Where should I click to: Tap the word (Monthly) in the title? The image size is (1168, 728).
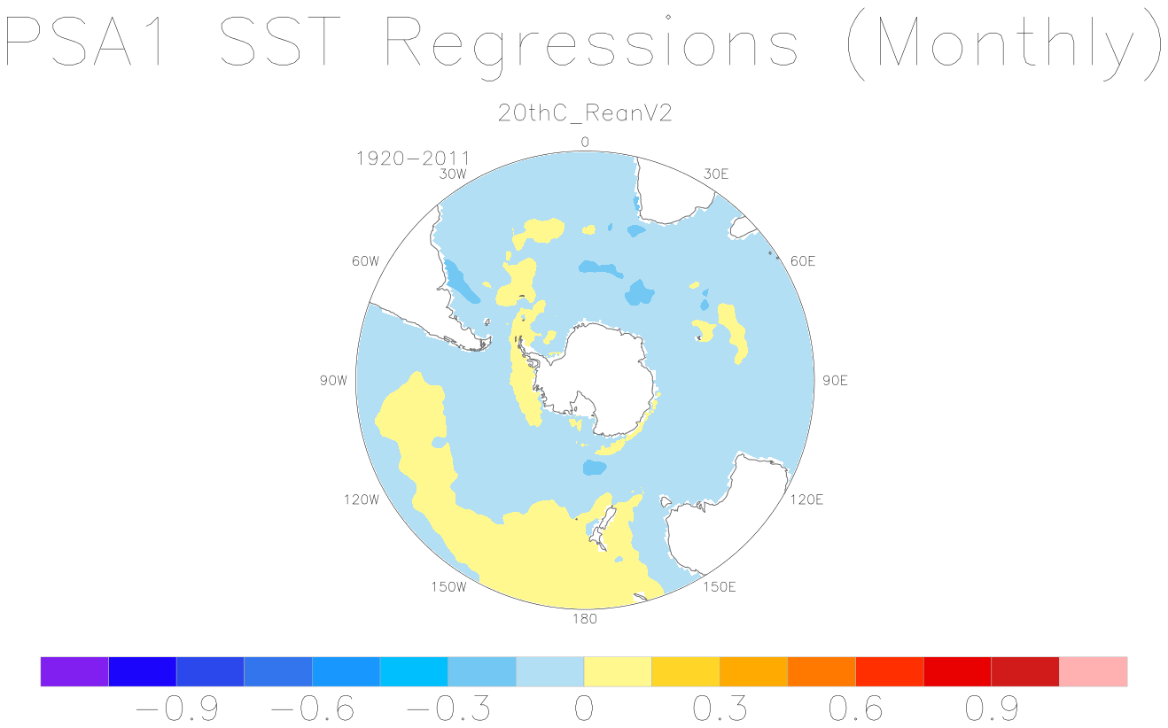[1004, 46]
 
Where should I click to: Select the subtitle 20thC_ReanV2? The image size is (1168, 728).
[585, 113]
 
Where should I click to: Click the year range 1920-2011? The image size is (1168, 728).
[412, 158]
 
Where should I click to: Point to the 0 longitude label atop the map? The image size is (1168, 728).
[585, 142]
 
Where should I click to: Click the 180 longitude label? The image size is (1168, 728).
[585, 618]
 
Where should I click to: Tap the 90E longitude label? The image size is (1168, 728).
[835, 381]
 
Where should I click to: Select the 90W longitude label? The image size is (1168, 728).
[334, 381]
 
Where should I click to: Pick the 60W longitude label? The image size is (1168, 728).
[365, 261]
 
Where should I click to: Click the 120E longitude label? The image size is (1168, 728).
[806, 500]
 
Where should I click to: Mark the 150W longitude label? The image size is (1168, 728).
[448, 587]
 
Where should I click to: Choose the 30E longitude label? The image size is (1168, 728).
[716, 174]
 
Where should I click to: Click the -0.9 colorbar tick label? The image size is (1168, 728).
[176, 709]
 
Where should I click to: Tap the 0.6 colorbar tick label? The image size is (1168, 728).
[855, 709]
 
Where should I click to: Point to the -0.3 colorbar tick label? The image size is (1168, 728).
[448, 709]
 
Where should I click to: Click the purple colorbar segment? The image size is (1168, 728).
[74, 671]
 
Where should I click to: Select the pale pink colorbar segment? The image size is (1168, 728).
[1094, 671]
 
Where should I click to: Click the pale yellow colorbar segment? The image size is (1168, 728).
[618, 671]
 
